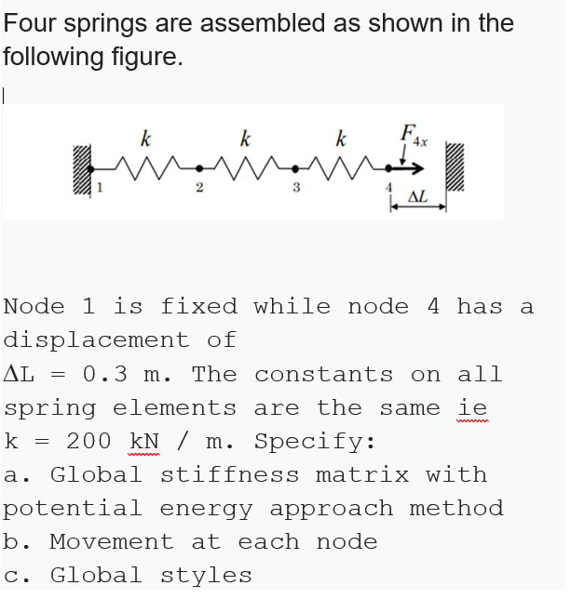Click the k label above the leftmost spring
click(x=145, y=141)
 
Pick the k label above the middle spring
click(x=244, y=141)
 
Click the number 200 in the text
click(x=89, y=441)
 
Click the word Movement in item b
click(x=111, y=541)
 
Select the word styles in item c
click(x=217, y=575)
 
